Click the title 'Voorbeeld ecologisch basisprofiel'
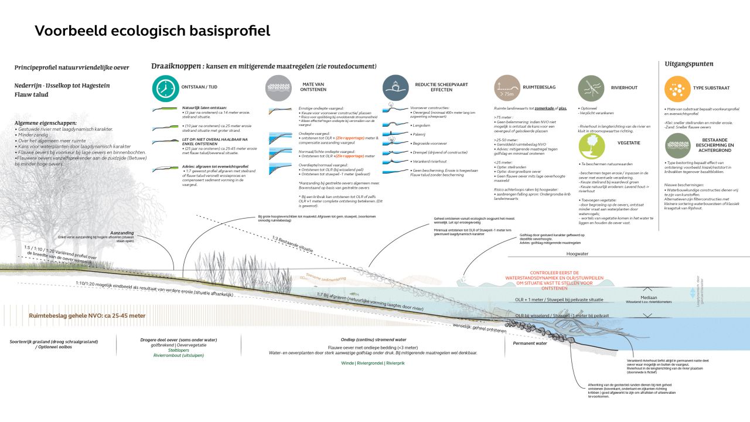click(x=152, y=31)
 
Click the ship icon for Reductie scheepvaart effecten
click(x=396, y=88)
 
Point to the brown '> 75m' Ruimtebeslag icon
click(x=507, y=88)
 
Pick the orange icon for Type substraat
click(x=677, y=88)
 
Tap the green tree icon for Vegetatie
click(x=591, y=146)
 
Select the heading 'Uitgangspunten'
click(x=689, y=64)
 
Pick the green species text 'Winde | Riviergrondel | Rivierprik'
click(x=373, y=363)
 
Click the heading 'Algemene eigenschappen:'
click(x=46, y=123)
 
